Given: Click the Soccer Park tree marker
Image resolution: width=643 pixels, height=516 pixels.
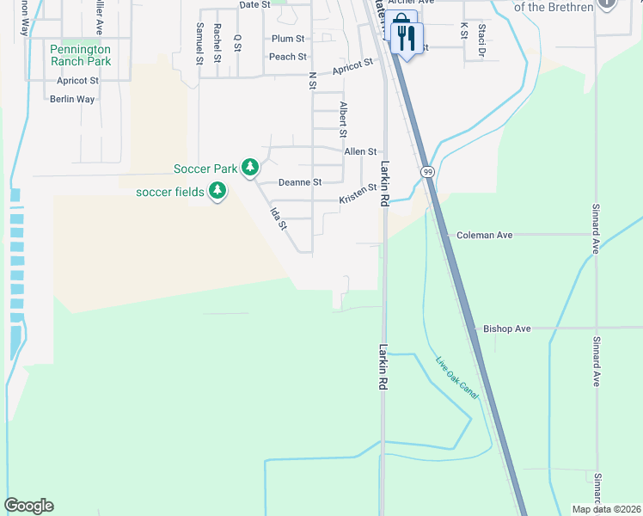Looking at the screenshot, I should (x=250, y=167).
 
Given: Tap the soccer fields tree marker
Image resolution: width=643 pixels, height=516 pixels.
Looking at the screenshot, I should (x=218, y=190).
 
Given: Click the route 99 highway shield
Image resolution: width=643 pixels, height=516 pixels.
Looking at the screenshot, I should (x=427, y=172).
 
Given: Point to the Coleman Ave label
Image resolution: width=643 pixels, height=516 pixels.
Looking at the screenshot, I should (x=484, y=235).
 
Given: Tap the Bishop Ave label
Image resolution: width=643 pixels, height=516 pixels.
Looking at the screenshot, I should (x=506, y=329).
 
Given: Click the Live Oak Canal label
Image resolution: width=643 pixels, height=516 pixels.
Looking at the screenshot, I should (x=456, y=377).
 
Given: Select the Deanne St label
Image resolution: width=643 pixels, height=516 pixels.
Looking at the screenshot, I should (x=300, y=182).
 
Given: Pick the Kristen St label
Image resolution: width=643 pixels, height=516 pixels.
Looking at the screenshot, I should (x=358, y=193).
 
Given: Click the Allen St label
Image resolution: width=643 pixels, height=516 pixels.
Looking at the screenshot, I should (x=360, y=151).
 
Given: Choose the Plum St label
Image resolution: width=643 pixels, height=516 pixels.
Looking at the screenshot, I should (x=288, y=39).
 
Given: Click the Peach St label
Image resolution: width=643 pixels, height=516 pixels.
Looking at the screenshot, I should (x=288, y=57).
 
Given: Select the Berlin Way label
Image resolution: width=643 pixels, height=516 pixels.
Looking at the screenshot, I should (x=72, y=99).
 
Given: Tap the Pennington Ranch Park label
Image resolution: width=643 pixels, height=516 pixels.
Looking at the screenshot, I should (x=80, y=55).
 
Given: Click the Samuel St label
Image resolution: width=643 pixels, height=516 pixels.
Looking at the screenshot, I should (x=199, y=44).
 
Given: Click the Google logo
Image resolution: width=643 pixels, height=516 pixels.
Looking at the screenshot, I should (x=28, y=506).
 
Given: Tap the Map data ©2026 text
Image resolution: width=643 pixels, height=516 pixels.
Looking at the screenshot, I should (x=605, y=509).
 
